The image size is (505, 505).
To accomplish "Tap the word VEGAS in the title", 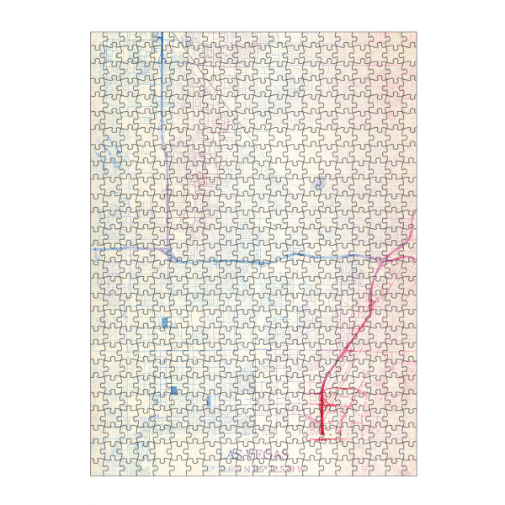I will tap(268, 454).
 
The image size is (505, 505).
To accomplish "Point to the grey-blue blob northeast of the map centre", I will tap(319, 182).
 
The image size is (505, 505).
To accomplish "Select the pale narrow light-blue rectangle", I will tap(207, 400).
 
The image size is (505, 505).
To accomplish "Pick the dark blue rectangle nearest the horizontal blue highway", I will tap(164, 323).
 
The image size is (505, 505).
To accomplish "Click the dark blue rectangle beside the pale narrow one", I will tap(173, 391).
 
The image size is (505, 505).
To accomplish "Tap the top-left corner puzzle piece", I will tap(99, 41).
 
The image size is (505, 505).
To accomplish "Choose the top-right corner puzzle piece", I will tap(408, 41).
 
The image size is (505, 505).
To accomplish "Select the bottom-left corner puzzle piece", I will tap(99, 467).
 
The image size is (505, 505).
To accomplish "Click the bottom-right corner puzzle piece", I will tap(408, 467).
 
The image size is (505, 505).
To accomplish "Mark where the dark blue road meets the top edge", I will tap(162, 34).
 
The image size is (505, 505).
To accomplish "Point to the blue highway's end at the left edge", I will tap(92, 249).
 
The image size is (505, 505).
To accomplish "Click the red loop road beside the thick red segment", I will tap(331, 412).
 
